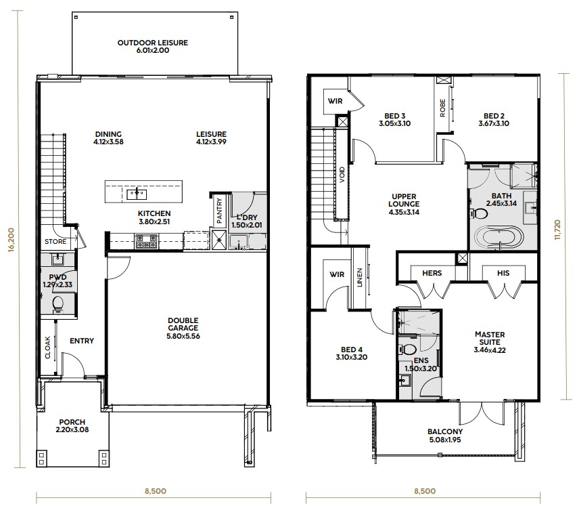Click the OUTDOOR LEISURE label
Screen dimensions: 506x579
pyautogui.click(x=152, y=43)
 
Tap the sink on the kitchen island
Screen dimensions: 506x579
pyautogui.click(x=139, y=194)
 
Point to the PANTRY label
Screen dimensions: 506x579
pyautogui.click(x=219, y=210)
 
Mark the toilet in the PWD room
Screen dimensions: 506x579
pyautogui.click(x=58, y=302)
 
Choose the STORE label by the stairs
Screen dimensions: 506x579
pyautogui.click(x=55, y=241)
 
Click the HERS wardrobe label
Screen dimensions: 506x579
pyautogui.click(x=432, y=273)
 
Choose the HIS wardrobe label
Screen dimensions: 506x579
pyautogui.click(x=503, y=273)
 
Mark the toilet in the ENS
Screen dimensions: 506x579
pyautogui.click(x=408, y=350)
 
